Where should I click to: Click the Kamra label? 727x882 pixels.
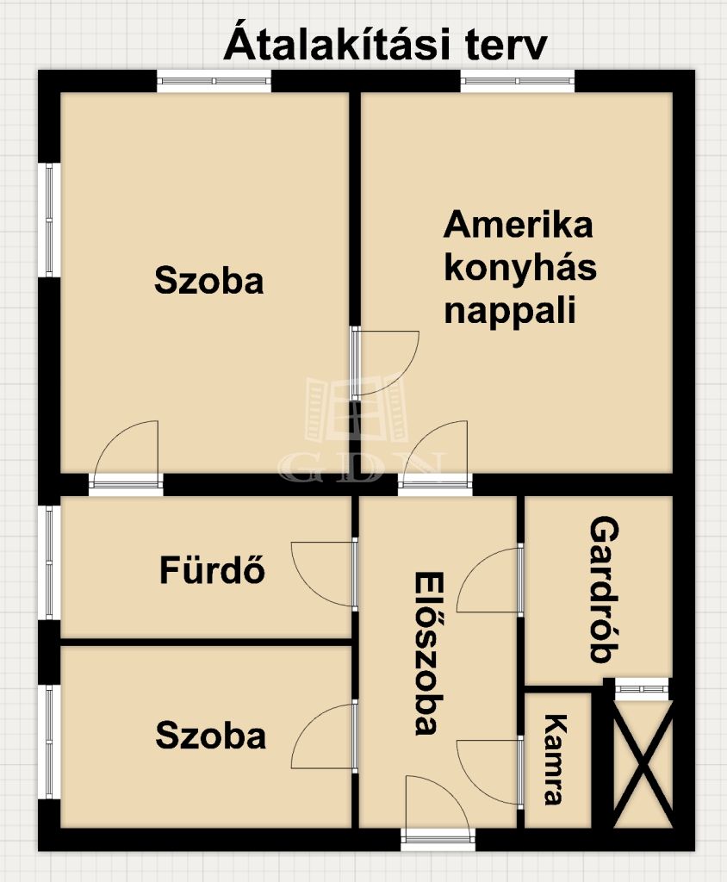coord(553,760)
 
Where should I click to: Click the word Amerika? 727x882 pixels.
coord(519,225)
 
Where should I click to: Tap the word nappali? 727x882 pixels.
coord(510,311)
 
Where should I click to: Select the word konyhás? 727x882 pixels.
coord(520,269)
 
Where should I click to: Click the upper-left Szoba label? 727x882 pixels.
coord(208,281)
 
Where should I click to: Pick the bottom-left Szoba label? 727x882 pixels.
coord(210,736)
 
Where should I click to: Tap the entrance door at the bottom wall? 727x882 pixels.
coord(438,810)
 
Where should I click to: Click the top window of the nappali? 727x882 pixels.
coord(518,81)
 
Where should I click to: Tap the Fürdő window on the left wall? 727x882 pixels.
coord(49,563)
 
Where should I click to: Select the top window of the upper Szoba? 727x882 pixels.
coord(214,81)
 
